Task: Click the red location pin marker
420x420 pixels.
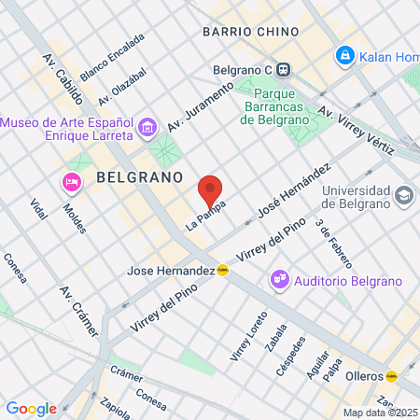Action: click(211, 189)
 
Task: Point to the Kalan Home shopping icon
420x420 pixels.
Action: click(345, 56)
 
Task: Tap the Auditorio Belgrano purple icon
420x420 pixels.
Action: click(278, 279)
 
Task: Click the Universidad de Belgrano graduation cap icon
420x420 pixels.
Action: click(402, 195)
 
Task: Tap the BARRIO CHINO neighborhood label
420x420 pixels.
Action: click(250, 32)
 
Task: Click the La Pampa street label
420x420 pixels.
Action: click(205, 213)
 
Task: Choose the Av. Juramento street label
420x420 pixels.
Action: click(197, 111)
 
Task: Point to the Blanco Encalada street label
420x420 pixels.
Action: click(112, 57)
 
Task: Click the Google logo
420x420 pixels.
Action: click(32, 408)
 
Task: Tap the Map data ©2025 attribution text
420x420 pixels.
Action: click(379, 413)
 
